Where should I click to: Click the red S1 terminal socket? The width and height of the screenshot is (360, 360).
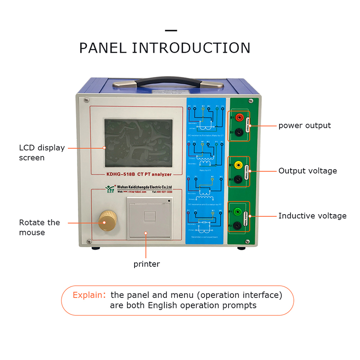(239, 117)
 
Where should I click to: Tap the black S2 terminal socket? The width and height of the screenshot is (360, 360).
(239, 132)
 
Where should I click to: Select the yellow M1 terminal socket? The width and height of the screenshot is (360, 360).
(238, 165)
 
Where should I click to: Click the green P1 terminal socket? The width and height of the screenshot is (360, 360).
(238, 211)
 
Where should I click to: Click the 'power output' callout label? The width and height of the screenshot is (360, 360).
(304, 126)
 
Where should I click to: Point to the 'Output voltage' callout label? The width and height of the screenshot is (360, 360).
(307, 171)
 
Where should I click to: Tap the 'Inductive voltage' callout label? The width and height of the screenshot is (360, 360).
(312, 216)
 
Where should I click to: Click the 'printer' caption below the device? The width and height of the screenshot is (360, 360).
(146, 264)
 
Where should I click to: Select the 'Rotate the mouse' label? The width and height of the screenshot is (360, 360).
(39, 227)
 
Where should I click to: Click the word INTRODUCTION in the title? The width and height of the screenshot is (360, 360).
(191, 48)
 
